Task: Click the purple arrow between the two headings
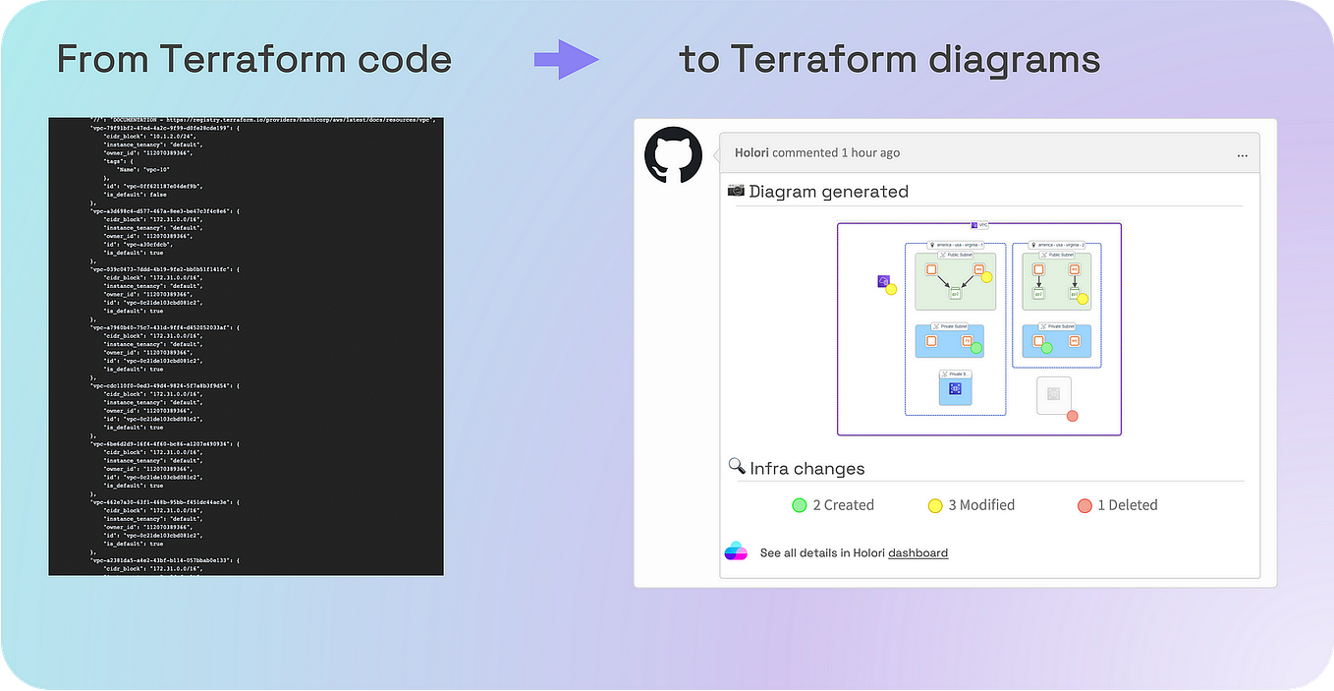[x=567, y=60]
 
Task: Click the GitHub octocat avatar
[x=673, y=155]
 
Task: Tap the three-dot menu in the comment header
[x=1242, y=154]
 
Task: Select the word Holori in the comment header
[x=751, y=152]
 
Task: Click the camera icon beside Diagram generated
[x=736, y=190]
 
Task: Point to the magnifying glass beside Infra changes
[x=736, y=466]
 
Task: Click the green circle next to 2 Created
[x=800, y=505]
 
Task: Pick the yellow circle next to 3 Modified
[x=935, y=505]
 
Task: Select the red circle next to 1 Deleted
[x=1084, y=505]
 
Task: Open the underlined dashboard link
[x=917, y=552]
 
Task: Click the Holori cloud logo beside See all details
[x=736, y=551]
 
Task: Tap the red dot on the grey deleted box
[x=1073, y=416]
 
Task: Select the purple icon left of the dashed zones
[x=883, y=281]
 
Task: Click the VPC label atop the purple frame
[x=979, y=225]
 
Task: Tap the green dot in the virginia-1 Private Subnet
[x=976, y=348]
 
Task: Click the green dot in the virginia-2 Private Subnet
[x=1046, y=348]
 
